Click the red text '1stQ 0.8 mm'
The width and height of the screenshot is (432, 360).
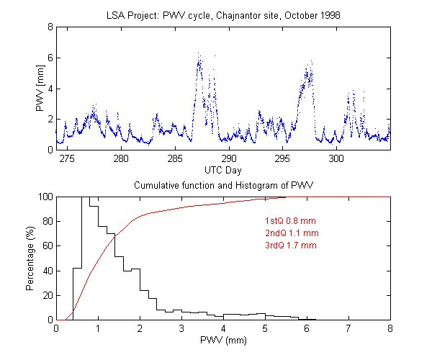(291, 221)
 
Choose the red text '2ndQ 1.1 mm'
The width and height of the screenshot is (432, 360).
(292, 233)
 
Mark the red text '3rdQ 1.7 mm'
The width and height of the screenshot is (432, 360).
(291, 246)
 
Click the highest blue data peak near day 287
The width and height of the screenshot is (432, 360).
(199, 54)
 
